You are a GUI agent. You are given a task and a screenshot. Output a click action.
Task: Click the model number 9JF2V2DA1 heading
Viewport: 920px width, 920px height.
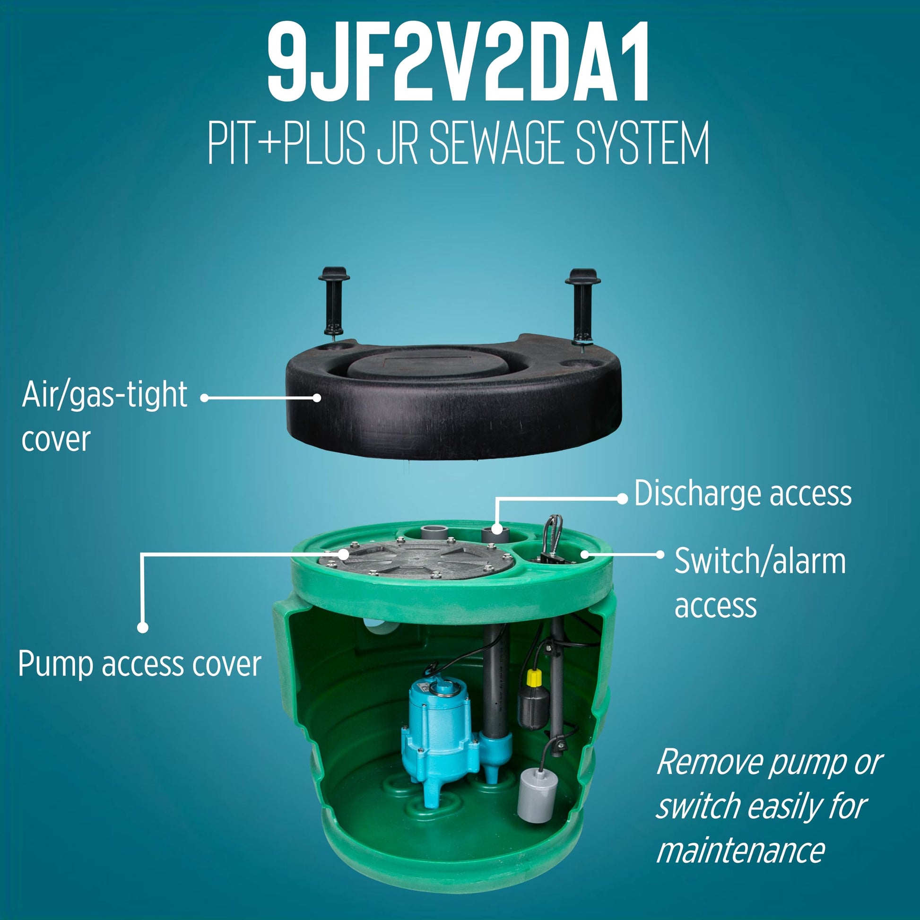click(458, 62)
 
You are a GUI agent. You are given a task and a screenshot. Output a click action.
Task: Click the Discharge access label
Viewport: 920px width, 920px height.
click(743, 494)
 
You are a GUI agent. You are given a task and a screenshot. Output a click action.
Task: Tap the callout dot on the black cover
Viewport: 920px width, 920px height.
click(317, 398)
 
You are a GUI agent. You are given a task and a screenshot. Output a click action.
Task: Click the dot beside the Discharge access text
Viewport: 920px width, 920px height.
click(622, 499)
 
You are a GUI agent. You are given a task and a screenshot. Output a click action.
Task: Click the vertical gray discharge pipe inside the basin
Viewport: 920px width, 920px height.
click(495, 686)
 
